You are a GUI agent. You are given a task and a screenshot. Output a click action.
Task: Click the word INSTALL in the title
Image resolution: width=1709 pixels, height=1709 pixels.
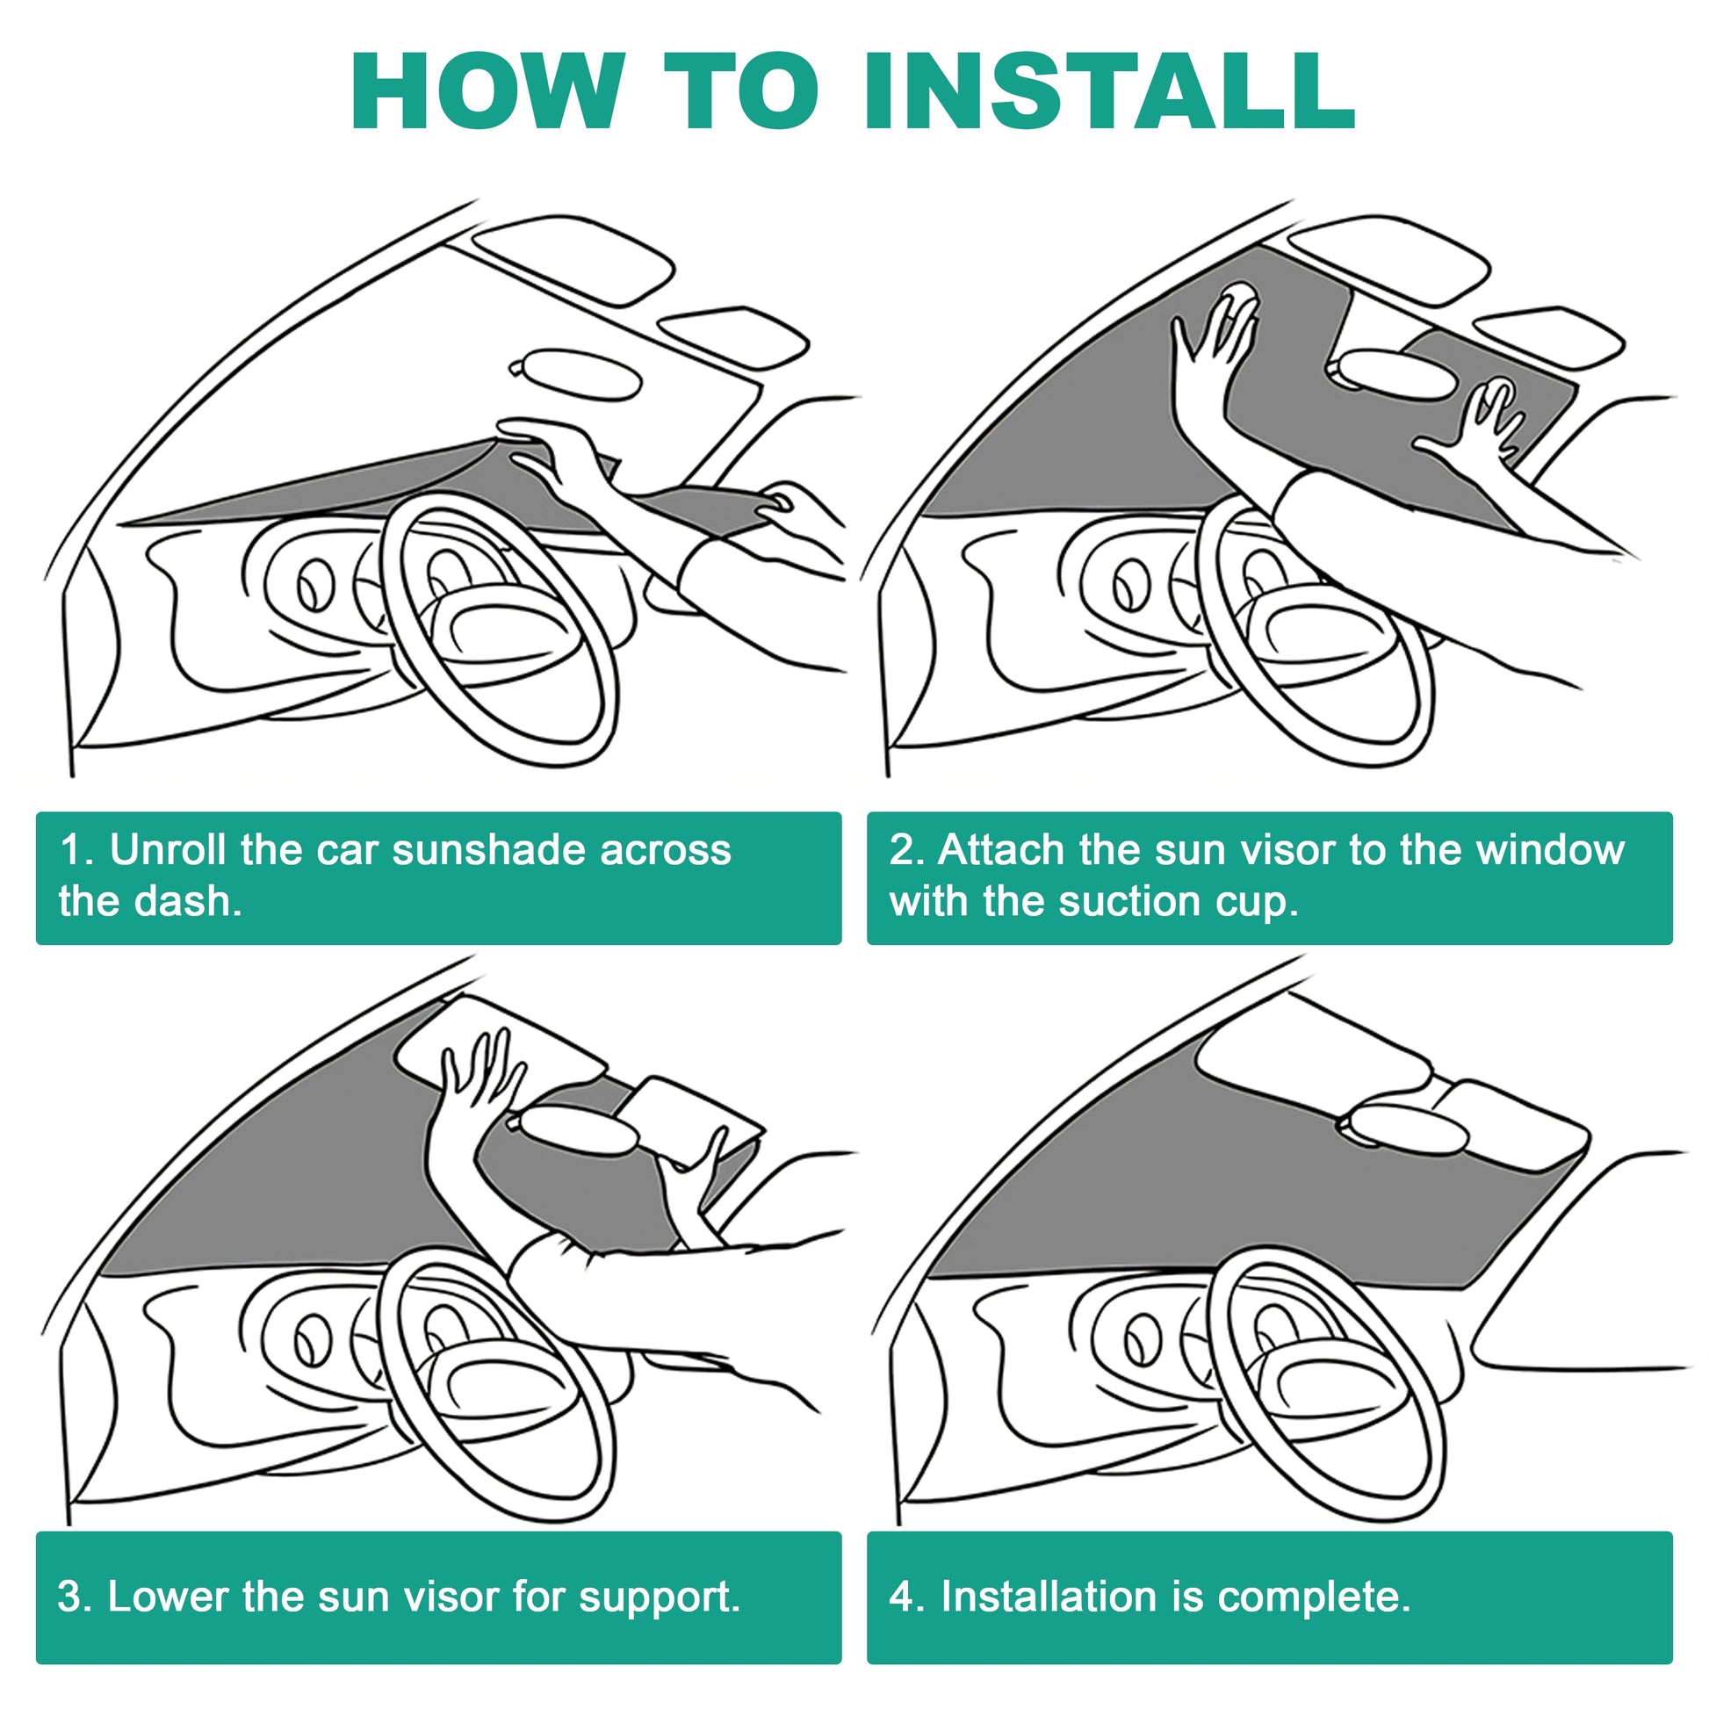(x=1109, y=91)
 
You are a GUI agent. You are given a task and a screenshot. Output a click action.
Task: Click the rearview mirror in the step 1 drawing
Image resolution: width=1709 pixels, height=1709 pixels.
(x=576, y=374)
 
